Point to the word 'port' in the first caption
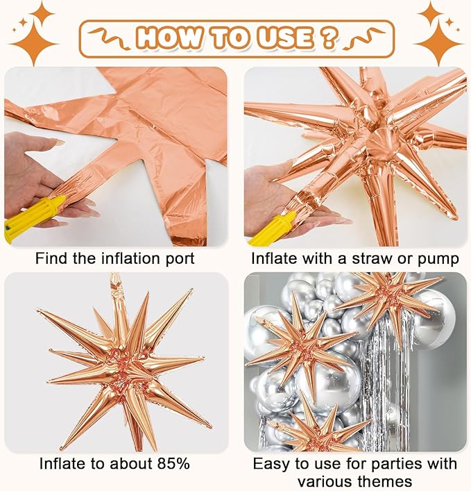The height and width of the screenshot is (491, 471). pos(179,259)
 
